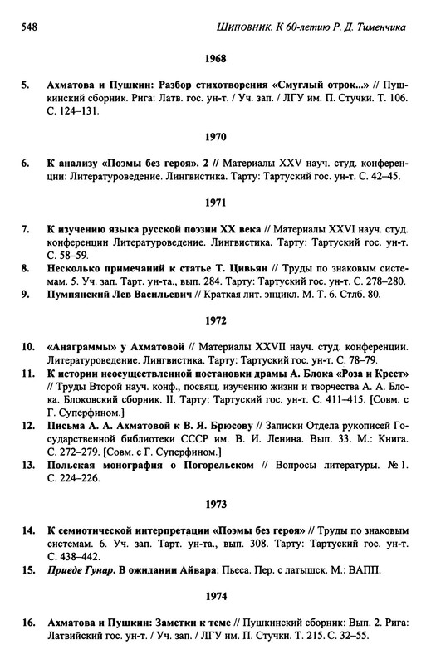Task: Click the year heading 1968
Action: pos(215,60)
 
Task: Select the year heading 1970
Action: pos(215,135)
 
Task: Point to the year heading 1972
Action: pos(215,320)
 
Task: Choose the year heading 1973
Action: pos(215,504)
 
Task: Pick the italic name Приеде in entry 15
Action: pos(66,569)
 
